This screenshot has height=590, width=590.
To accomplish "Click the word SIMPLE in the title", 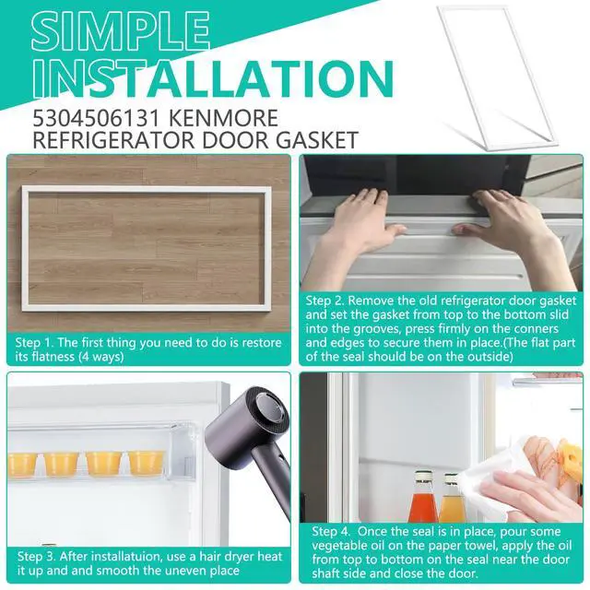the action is point(121,32).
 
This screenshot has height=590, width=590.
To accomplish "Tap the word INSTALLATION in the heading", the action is point(213,78).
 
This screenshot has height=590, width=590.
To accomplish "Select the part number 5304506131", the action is point(98,118).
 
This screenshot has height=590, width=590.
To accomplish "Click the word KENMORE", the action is point(223,118).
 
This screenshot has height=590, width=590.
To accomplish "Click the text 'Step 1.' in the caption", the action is point(34,343).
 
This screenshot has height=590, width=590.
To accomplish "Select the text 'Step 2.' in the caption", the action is point(324,301).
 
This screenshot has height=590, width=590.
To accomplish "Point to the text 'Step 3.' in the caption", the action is point(37,556).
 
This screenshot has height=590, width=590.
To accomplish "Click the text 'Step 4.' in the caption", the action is point(331,531).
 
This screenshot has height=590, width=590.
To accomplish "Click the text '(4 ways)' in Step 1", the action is point(101,357).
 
